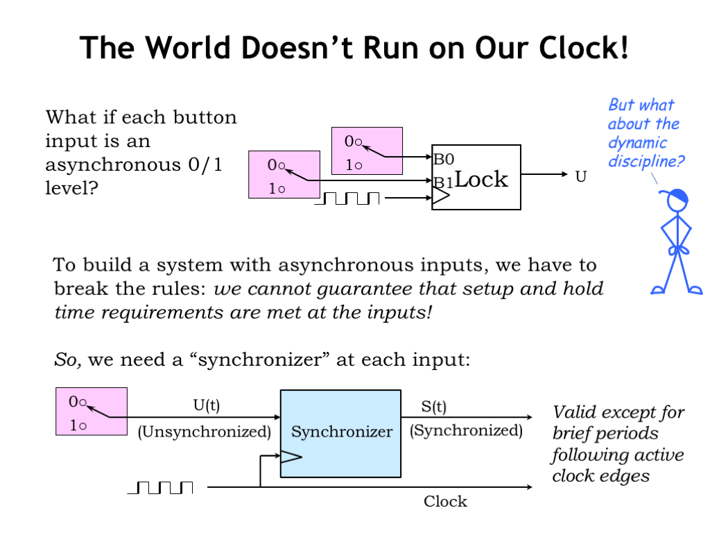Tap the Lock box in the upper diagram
coord(476,177)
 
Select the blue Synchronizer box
coord(340,433)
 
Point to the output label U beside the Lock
coord(581,177)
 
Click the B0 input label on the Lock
coord(444,158)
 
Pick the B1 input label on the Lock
coord(443,183)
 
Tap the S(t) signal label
coord(434,406)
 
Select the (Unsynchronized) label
coord(204,432)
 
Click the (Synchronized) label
coord(466,430)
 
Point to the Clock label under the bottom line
coord(445,501)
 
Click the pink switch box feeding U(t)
coord(92,412)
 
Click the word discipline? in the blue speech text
coord(647,162)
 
